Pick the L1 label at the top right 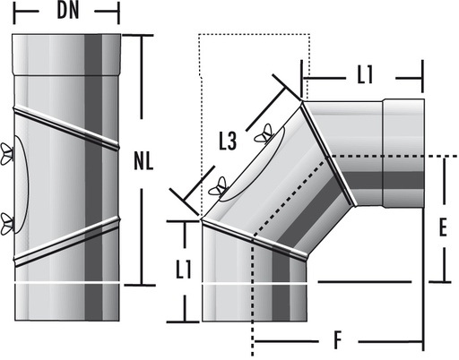pos(364,77)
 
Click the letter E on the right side pos(443,227)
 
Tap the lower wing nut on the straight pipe pos(8,221)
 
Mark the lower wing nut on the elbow pos(215,188)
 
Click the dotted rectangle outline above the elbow pos(253,36)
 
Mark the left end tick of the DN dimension pos(16,12)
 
